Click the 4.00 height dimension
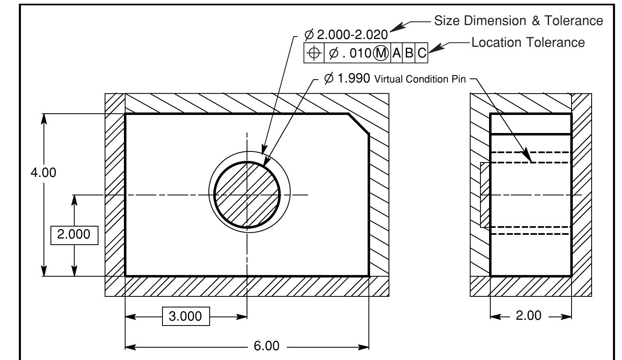point(43,173)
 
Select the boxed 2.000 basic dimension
point(74,235)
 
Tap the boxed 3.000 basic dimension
point(185,316)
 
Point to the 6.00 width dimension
point(266,346)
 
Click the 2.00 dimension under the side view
point(528,316)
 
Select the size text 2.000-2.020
point(352,35)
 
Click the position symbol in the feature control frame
point(314,53)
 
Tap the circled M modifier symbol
point(381,53)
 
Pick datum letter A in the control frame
point(396,53)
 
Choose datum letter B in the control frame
point(409,53)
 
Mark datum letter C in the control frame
point(421,53)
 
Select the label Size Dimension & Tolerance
point(519,21)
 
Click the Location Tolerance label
point(528,42)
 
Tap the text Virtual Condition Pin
point(420,79)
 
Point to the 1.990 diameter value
point(353,78)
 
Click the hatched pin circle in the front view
point(247,195)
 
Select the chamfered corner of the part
point(359,123)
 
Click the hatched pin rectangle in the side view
point(485,195)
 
